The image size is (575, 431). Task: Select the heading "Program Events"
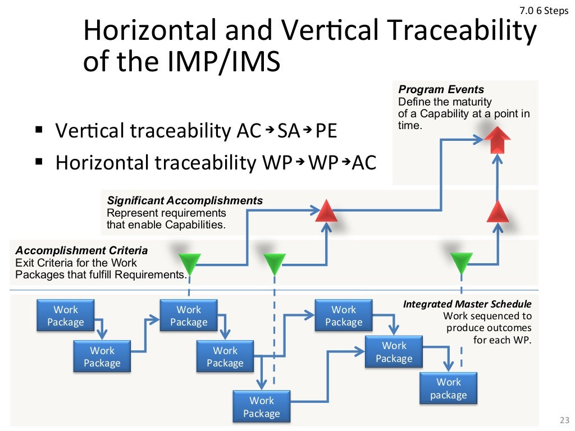pyautogui.click(x=441, y=90)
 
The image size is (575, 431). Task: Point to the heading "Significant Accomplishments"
pyautogui.click(x=185, y=200)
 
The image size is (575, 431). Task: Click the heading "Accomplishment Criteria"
pyautogui.click(x=81, y=250)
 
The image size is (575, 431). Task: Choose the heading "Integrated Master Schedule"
pyautogui.click(x=467, y=304)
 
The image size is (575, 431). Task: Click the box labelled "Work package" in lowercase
pyautogui.click(x=448, y=388)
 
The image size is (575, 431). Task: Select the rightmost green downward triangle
pyautogui.click(x=462, y=262)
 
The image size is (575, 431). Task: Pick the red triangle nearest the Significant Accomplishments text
pyautogui.click(x=326, y=212)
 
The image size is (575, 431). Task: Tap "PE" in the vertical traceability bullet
pyautogui.click(x=326, y=131)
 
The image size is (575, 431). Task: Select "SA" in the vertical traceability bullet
pyautogui.click(x=289, y=131)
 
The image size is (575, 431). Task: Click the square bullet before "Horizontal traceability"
pyautogui.click(x=39, y=163)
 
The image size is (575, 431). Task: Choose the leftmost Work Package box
pyautogui.click(x=66, y=316)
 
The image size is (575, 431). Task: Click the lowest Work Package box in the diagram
pyautogui.click(x=261, y=407)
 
